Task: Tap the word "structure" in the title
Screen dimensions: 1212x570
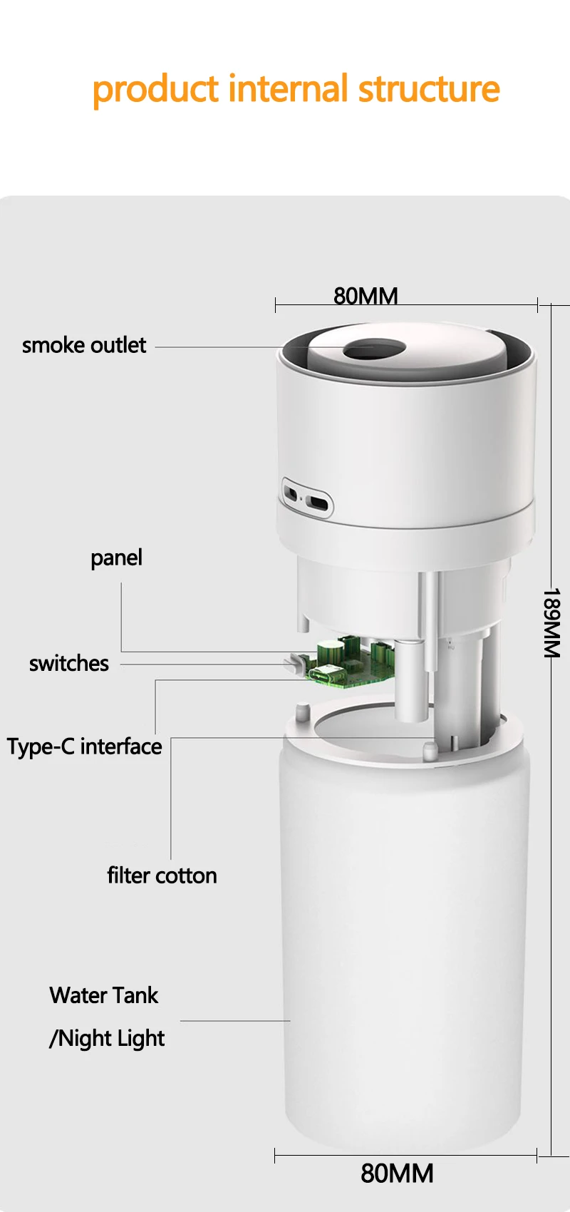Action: (428, 88)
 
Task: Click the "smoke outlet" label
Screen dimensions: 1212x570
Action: (84, 345)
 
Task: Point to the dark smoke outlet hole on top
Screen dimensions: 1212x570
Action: (374, 349)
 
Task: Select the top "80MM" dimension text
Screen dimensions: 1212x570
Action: (366, 295)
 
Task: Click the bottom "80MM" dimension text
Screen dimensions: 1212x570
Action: (397, 1173)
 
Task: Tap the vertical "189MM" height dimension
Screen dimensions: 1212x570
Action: (552, 622)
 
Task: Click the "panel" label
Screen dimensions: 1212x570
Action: (116, 558)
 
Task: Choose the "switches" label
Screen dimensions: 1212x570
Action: (69, 663)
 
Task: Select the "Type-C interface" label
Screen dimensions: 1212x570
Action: (84, 746)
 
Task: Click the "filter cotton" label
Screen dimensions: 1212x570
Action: (162, 875)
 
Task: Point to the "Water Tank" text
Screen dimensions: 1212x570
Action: (104, 995)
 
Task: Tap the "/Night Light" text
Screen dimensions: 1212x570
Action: (107, 1038)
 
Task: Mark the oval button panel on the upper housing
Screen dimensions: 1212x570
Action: (307, 497)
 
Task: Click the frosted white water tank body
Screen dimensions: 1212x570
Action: (403, 927)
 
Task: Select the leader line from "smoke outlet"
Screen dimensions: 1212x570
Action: (214, 347)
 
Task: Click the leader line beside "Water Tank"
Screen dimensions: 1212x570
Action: (235, 1021)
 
